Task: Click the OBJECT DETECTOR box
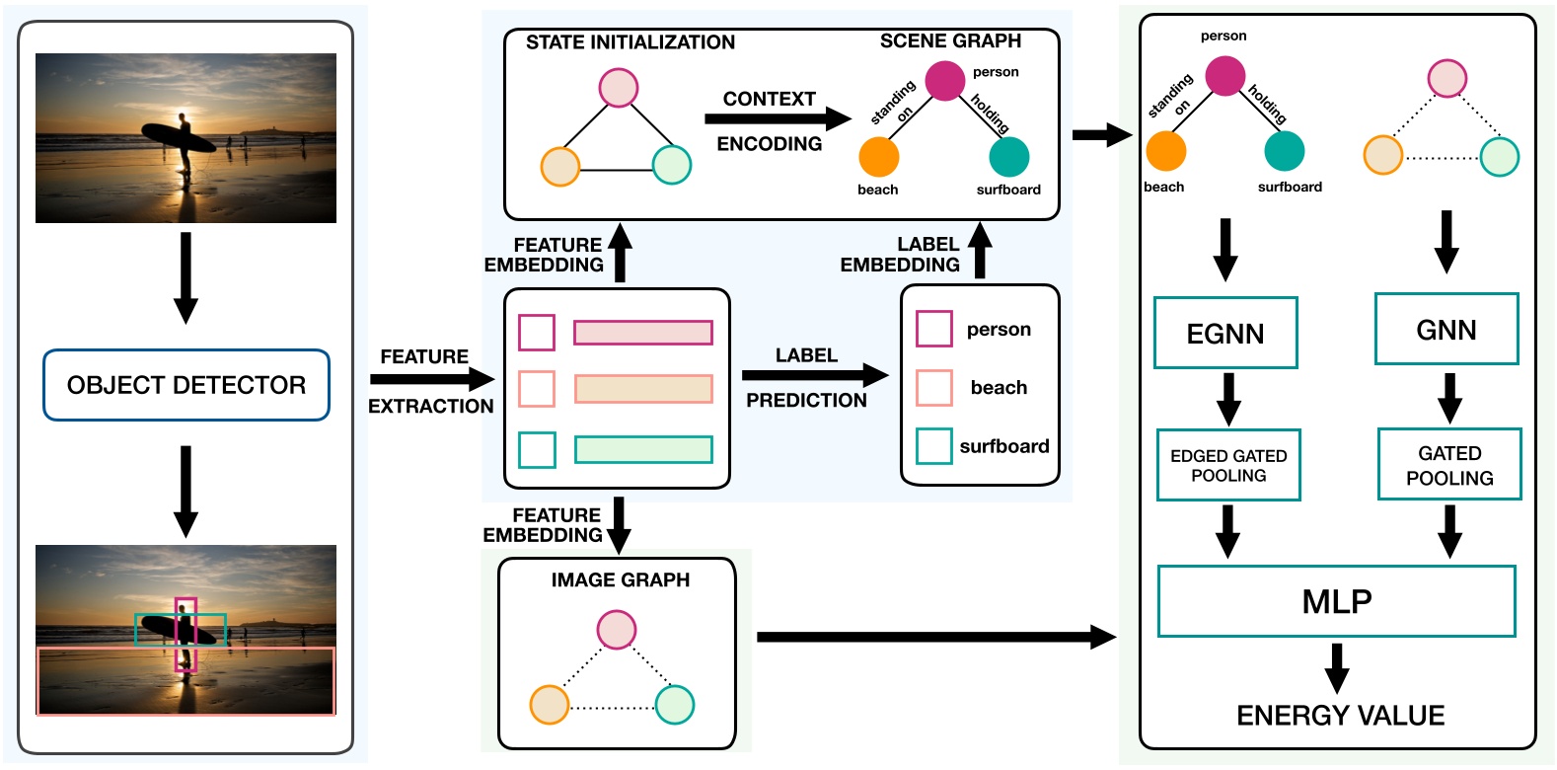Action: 186,385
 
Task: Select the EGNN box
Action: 1225,334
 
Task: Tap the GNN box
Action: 1446,330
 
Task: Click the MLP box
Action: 1336,601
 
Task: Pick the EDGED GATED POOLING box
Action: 1228,465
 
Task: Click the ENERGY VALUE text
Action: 1340,716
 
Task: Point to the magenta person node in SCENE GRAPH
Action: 944,81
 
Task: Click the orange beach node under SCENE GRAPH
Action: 878,157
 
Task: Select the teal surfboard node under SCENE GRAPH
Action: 1008,157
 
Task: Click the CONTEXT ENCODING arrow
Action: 778,118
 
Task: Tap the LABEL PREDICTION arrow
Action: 814,375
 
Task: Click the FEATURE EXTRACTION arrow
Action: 431,379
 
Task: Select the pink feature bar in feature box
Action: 643,333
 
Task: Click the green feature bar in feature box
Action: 643,450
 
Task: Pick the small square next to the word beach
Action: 933,388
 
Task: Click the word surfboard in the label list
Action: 1003,446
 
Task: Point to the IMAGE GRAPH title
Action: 620,580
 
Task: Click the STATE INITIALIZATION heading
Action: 630,42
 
